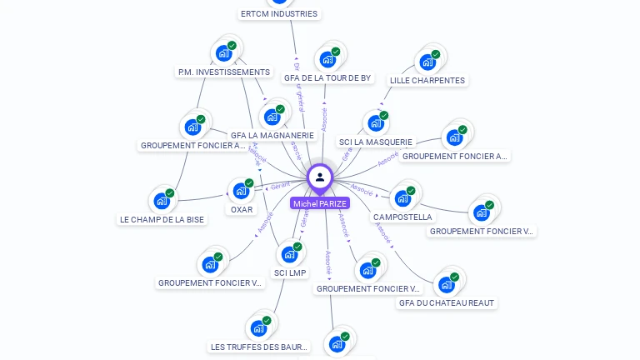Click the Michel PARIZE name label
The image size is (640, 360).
[320, 203]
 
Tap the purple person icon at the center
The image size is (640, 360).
[320, 177]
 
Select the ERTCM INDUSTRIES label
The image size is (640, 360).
[278, 13]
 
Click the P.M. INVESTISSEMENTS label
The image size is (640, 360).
[224, 72]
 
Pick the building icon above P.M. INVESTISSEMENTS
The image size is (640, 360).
[224, 52]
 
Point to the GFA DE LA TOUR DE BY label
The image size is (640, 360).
[327, 78]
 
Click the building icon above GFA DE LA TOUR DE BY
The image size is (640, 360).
[328, 58]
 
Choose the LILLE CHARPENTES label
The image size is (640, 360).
[427, 81]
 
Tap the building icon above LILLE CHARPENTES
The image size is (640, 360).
[428, 61]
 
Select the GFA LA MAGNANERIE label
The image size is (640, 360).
[272, 135]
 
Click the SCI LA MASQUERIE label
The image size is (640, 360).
[376, 142]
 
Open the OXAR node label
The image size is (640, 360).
[242, 210]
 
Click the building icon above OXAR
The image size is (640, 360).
[242, 190]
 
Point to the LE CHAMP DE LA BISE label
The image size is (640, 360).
[162, 220]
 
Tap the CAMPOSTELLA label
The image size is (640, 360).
[403, 217]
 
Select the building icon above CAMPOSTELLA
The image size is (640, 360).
[403, 197]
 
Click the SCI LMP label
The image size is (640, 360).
[290, 273]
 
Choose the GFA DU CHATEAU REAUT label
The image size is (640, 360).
[447, 303]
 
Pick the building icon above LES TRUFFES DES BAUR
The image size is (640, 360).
[259, 327]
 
